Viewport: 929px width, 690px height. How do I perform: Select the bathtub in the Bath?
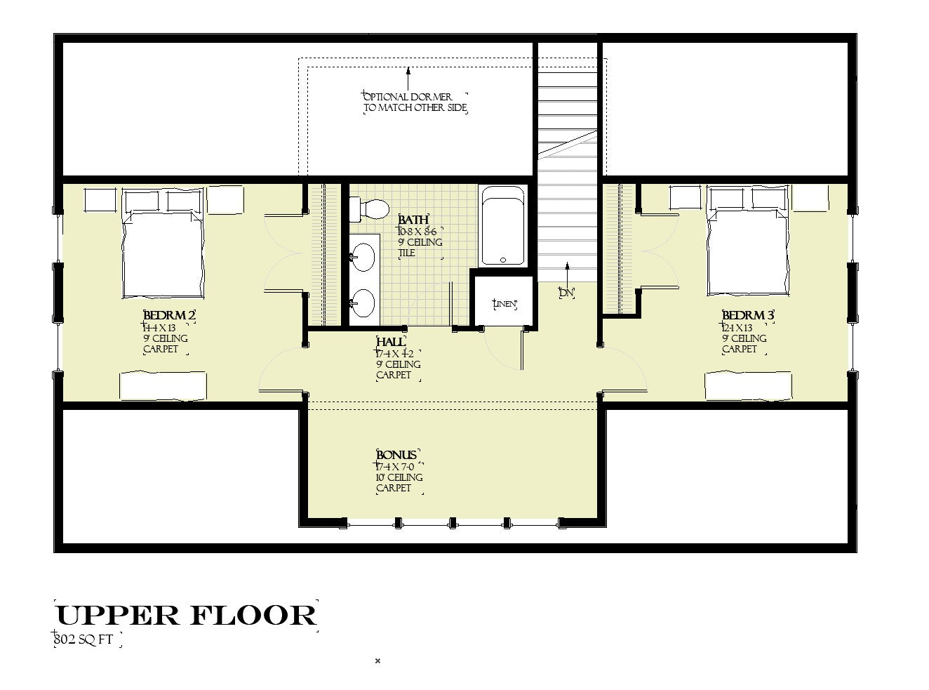(502, 226)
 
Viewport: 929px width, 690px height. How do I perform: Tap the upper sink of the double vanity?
(363, 257)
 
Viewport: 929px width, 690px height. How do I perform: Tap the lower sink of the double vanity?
(363, 304)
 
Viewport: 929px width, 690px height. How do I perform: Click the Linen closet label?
(504, 304)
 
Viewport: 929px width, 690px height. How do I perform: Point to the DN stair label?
(566, 293)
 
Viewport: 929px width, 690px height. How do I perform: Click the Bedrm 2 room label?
(169, 316)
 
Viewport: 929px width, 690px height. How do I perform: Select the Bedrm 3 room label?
(748, 316)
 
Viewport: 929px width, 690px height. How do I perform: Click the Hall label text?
(390, 342)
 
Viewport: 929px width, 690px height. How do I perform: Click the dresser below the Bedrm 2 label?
(163, 386)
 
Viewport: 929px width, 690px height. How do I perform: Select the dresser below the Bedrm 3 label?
(748, 386)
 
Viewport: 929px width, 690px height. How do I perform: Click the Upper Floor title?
(186, 615)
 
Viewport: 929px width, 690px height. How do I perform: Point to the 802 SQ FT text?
(88, 639)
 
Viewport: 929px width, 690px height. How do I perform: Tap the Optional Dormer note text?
(415, 102)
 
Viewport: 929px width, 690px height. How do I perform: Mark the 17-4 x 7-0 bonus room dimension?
(400, 466)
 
